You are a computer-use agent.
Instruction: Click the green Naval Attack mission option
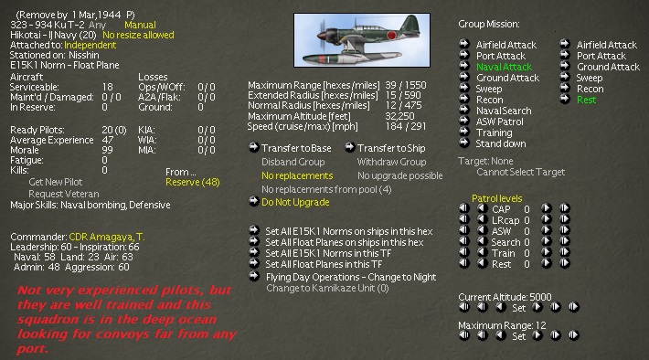click(504, 67)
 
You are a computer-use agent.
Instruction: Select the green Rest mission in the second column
click(586, 100)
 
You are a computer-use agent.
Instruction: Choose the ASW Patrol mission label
click(500, 122)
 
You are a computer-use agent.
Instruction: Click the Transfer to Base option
click(296, 148)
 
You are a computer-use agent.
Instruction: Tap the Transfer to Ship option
click(391, 148)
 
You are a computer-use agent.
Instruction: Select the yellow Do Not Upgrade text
click(295, 202)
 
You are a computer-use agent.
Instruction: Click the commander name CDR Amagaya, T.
click(107, 237)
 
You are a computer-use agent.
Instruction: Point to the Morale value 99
click(106, 150)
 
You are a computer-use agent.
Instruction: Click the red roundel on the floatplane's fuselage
click(391, 35)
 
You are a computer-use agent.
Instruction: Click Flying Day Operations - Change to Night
click(351, 277)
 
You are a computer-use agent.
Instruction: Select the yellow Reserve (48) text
click(193, 182)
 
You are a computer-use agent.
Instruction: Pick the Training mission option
click(494, 132)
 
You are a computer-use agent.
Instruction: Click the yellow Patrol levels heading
click(496, 198)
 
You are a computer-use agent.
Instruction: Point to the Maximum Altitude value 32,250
click(399, 116)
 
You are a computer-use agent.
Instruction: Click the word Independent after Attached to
click(90, 45)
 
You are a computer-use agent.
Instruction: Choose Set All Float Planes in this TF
click(324, 264)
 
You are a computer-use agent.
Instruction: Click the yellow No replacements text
click(297, 175)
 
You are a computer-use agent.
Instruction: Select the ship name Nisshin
click(84, 55)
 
